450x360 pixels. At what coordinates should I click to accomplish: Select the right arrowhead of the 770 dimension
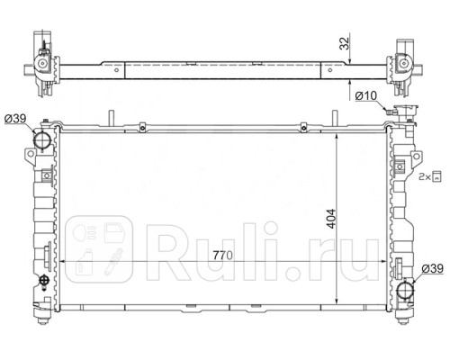(x=384, y=263)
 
